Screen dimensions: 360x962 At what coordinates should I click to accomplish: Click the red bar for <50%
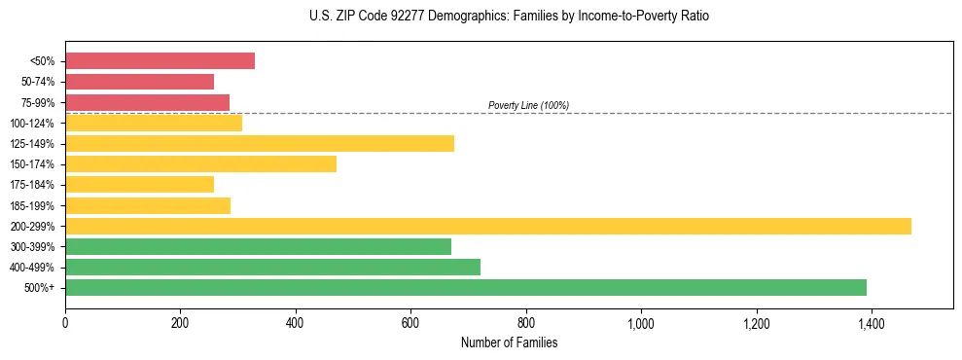(160, 61)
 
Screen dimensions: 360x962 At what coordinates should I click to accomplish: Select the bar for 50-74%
(139, 82)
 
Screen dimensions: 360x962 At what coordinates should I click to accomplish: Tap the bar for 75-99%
(147, 102)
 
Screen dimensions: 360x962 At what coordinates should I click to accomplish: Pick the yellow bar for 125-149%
(259, 144)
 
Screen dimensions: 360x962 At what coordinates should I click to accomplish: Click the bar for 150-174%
(200, 164)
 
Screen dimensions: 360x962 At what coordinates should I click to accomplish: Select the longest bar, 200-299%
(487, 227)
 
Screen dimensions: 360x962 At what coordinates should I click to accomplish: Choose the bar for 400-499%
(272, 268)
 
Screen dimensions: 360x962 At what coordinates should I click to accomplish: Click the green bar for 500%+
(465, 288)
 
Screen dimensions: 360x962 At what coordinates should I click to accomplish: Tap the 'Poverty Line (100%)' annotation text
(528, 105)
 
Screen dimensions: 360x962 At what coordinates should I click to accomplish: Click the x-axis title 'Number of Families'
(509, 342)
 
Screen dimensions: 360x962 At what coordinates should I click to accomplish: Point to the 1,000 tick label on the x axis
(641, 323)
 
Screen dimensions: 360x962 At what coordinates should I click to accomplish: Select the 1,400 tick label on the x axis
(871, 323)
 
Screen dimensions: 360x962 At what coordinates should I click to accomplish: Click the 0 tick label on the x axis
(65, 323)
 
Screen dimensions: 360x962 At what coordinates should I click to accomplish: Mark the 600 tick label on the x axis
(410, 323)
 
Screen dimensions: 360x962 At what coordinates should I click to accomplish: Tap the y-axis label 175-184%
(37, 185)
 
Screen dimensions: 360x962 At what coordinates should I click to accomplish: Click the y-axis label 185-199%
(37, 206)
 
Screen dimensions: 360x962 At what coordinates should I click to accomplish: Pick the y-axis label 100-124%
(37, 124)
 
